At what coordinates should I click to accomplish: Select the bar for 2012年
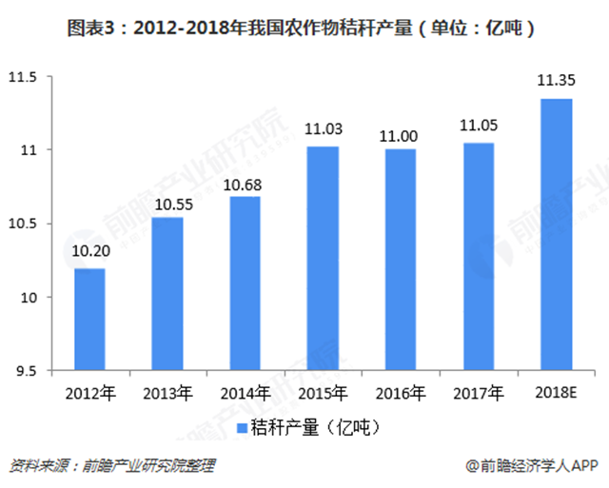[x=89, y=320]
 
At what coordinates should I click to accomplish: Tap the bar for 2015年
[x=323, y=258]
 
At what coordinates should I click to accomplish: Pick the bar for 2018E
[x=556, y=234]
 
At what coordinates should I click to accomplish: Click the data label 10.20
[x=89, y=252]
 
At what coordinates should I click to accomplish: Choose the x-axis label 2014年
[x=245, y=392]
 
